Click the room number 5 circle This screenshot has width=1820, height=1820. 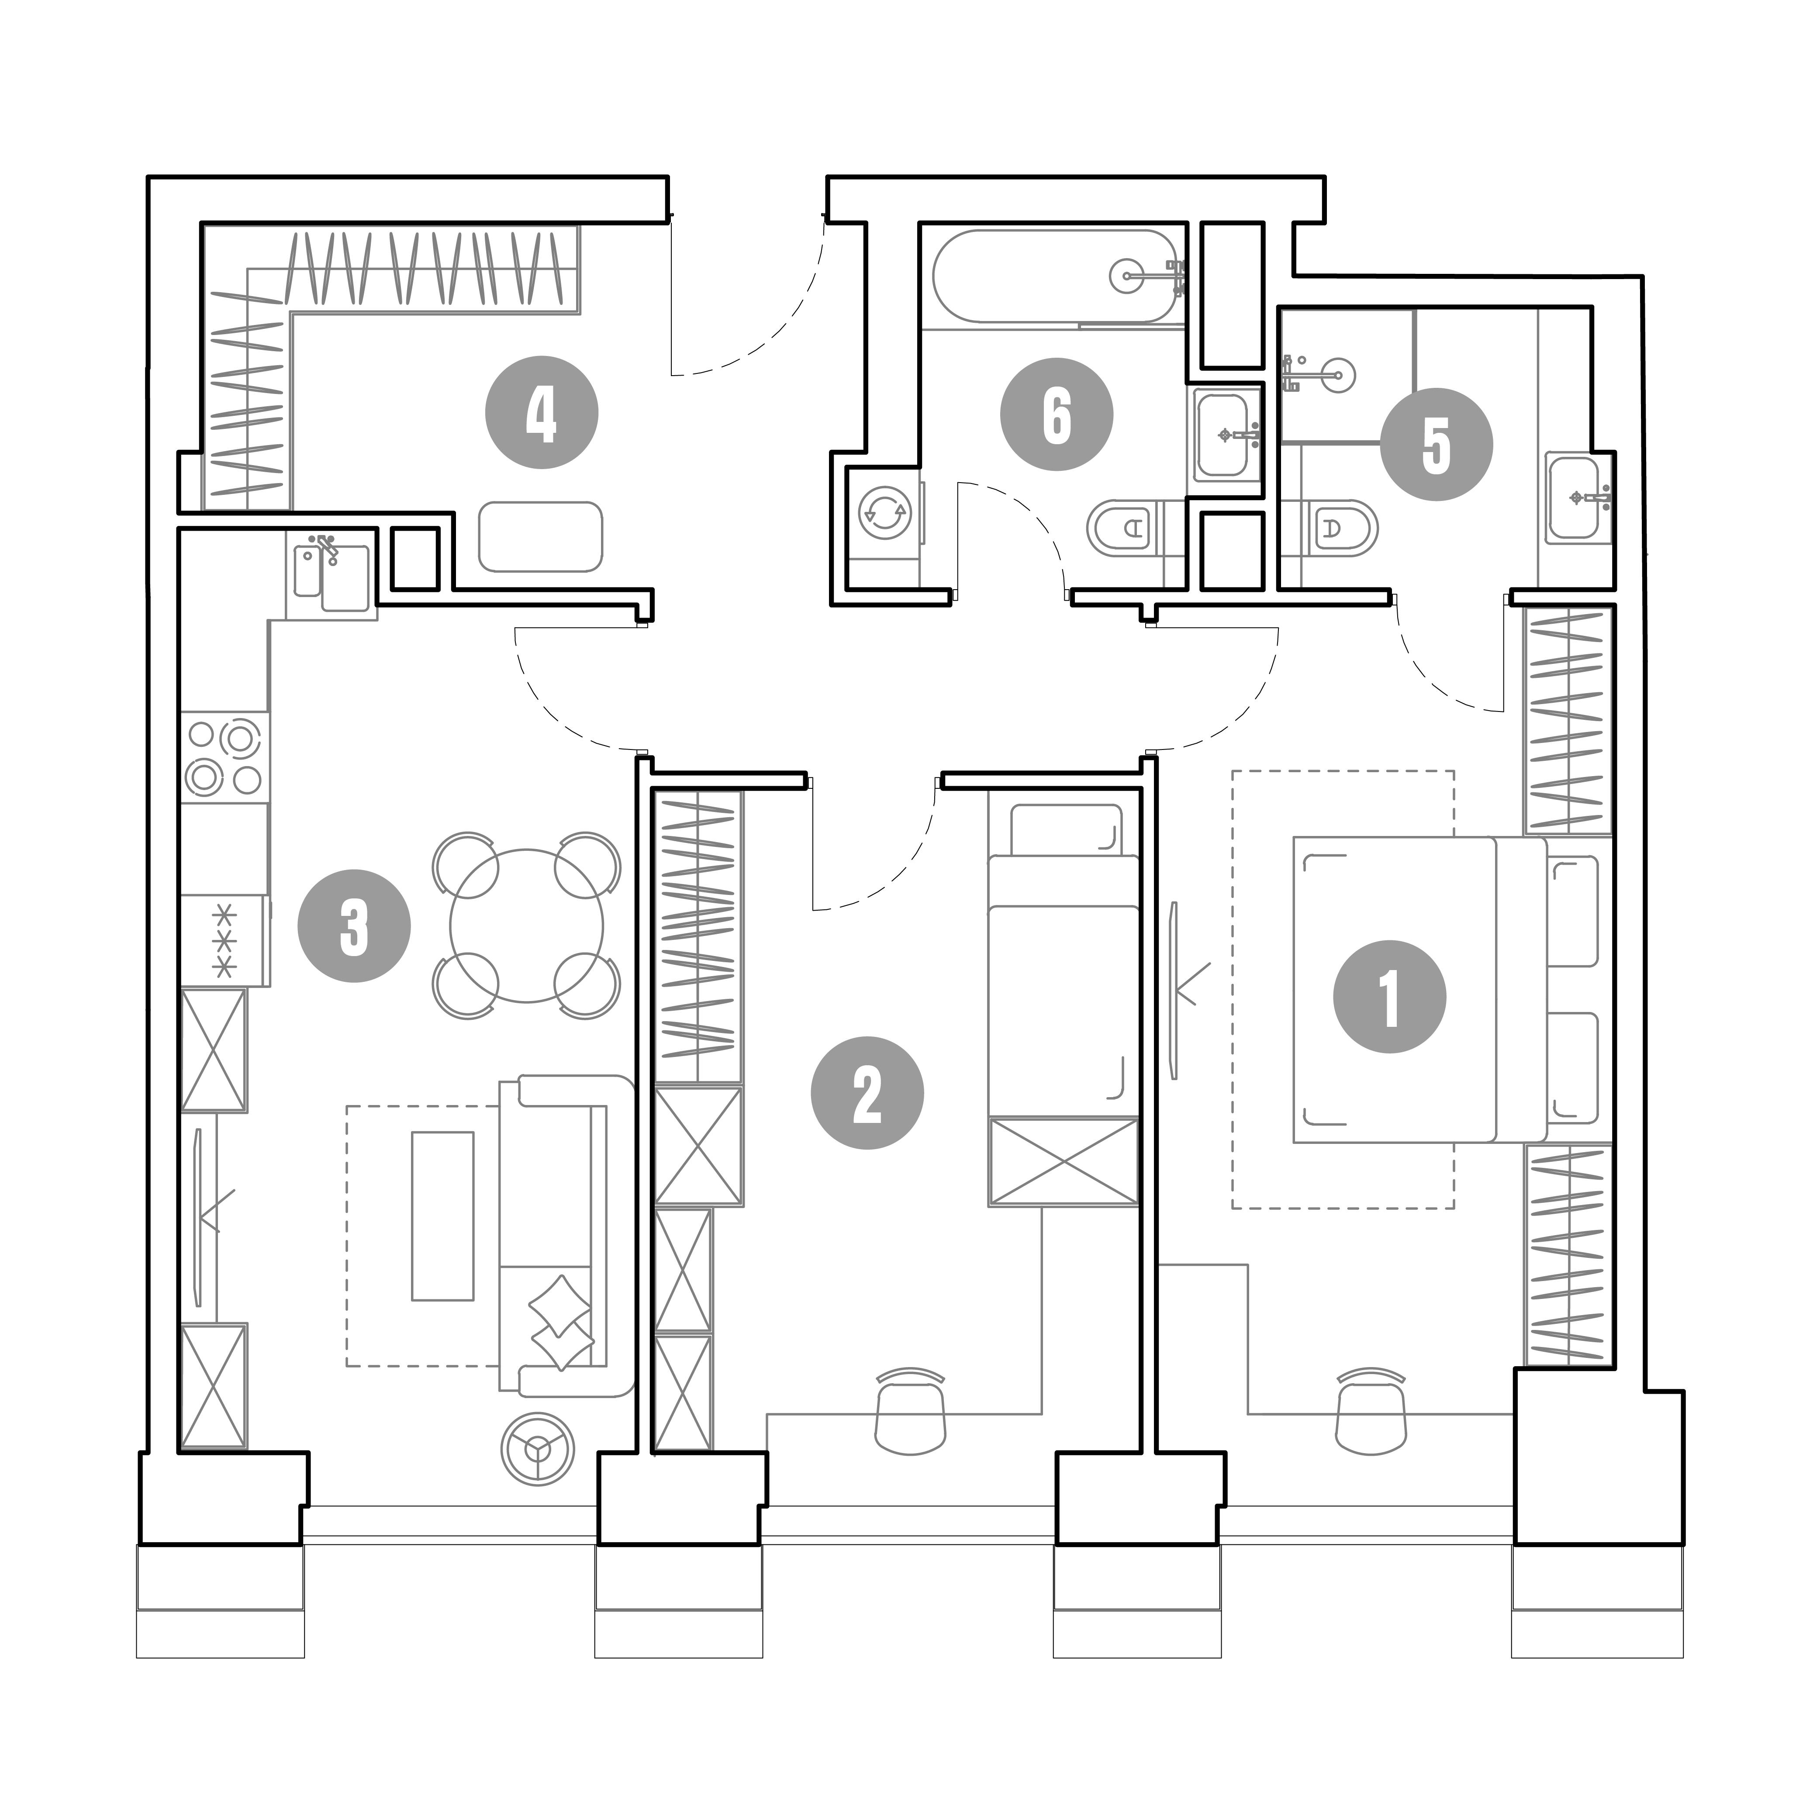[1437, 445]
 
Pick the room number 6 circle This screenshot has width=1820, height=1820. [1057, 414]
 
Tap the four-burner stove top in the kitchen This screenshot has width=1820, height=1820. [224, 756]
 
